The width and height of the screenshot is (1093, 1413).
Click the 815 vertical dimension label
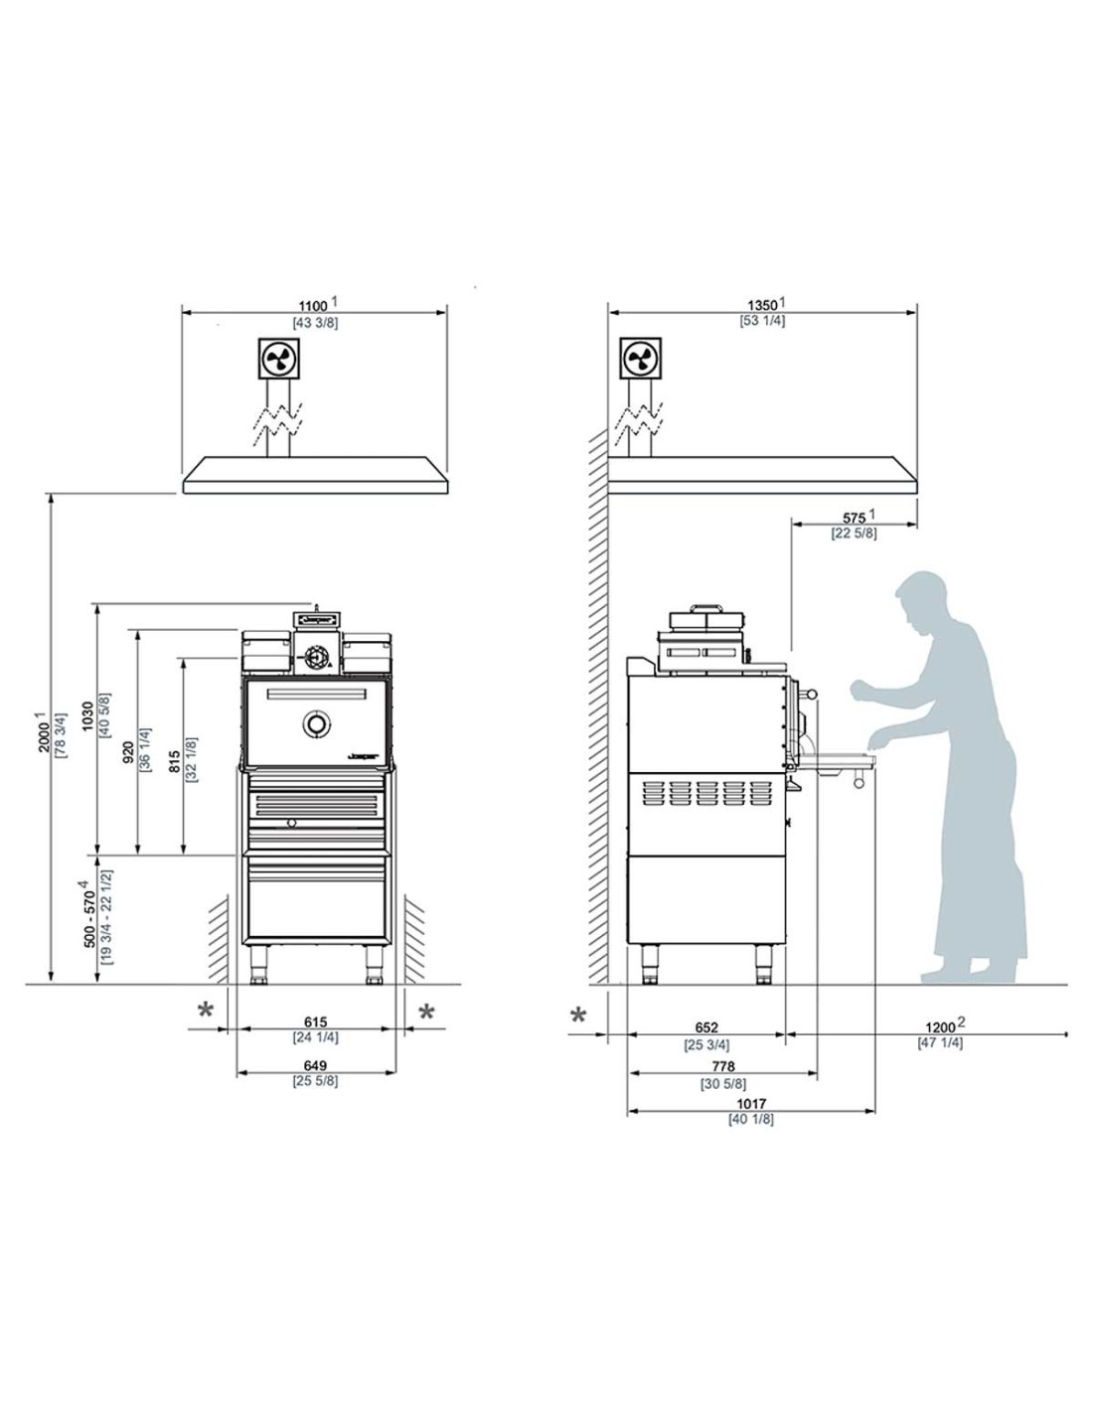[174, 761]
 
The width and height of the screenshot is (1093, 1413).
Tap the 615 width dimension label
[315, 1021]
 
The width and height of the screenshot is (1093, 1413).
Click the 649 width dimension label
[315, 1064]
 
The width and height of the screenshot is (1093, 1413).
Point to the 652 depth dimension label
[705, 1027]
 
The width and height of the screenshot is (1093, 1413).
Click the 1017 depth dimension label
[750, 1103]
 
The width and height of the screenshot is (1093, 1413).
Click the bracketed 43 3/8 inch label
[315, 323]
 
